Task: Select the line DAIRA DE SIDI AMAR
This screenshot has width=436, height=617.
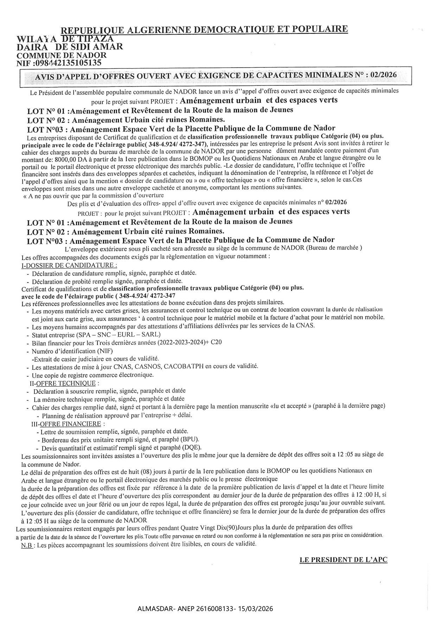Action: (x=70, y=46)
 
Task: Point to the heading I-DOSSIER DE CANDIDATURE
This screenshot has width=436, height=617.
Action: (x=69, y=265)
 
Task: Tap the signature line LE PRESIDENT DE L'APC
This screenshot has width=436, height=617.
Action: (x=343, y=560)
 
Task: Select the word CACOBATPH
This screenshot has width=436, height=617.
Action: (x=184, y=366)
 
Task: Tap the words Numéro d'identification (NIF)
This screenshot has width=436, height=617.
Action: (x=72, y=351)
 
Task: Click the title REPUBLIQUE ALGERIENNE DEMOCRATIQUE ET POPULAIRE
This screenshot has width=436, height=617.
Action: (x=204, y=30)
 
